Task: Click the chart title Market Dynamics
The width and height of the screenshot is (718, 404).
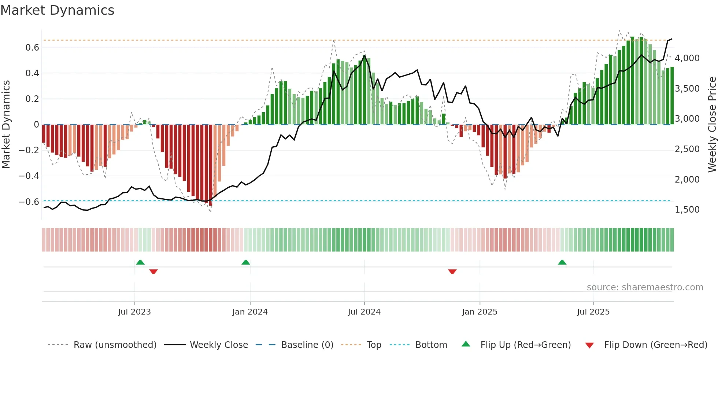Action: click(57, 10)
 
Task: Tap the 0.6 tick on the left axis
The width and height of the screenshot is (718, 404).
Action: click(32, 48)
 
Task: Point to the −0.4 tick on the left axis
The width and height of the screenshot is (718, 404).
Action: click(29, 176)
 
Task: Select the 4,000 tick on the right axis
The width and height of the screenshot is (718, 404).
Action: click(687, 58)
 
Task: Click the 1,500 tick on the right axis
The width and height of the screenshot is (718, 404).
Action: click(687, 210)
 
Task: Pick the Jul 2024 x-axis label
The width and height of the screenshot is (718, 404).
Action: click(364, 312)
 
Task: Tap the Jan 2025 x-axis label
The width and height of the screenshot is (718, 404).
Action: click(479, 312)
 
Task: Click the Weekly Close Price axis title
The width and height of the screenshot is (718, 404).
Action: click(712, 124)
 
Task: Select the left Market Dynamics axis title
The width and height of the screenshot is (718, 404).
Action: click(6, 124)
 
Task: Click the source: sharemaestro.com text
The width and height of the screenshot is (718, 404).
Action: click(645, 287)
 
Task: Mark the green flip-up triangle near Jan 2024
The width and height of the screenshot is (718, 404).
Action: click(246, 262)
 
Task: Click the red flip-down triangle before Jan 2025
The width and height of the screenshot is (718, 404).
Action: click(452, 272)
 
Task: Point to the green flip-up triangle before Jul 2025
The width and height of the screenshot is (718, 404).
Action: click(562, 262)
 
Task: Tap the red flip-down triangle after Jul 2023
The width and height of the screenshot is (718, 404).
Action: click(153, 272)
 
